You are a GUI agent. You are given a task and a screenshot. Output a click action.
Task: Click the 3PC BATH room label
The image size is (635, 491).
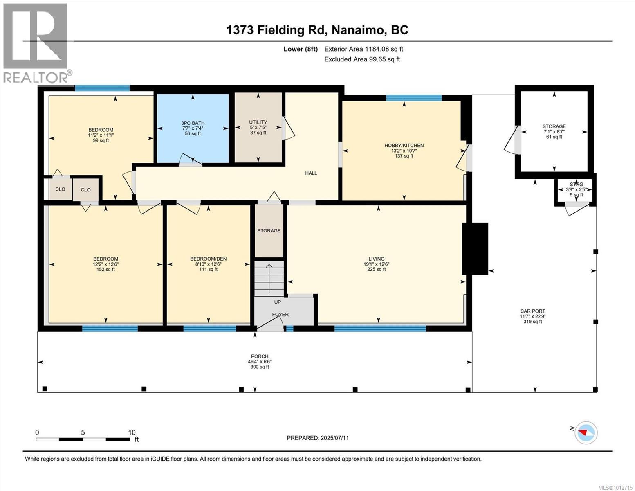(x=193, y=123)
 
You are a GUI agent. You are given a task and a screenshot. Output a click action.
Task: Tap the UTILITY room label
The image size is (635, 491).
(x=258, y=122)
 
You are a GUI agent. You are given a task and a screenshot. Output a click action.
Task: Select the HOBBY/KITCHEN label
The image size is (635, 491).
(x=404, y=145)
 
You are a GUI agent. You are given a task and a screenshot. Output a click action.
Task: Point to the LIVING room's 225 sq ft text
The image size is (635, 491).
(x=377, y=269)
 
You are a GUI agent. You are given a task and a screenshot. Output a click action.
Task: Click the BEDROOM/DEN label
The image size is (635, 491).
(x=209, y=259)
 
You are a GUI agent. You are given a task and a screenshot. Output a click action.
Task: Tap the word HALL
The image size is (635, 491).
(x=311, y=173)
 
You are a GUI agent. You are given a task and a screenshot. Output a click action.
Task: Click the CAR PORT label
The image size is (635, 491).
(x=533, y=311)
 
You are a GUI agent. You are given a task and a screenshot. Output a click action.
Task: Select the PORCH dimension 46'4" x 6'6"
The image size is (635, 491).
(x=260, y=361)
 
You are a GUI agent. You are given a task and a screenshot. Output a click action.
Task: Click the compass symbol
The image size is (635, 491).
(x=586, y=433)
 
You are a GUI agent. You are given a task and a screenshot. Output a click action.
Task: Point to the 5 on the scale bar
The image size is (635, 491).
(x=83, y=432)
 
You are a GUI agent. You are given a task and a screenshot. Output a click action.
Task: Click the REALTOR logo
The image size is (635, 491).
(x=36, y=44)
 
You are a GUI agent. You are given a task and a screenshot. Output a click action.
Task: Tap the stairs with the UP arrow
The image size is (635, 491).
(x=269, y=277)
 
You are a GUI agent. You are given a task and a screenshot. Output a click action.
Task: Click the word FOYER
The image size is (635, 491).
(x=280, y=315)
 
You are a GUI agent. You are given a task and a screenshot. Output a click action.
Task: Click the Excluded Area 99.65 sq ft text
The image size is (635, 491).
(x=362, y=59)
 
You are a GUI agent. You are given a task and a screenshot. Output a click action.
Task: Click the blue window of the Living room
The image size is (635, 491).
(x=380, y=329)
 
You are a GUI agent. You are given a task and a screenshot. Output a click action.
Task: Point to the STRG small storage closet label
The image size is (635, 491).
(x=576, y=184)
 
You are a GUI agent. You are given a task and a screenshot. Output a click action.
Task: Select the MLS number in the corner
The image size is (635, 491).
(x=615, y=488)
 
